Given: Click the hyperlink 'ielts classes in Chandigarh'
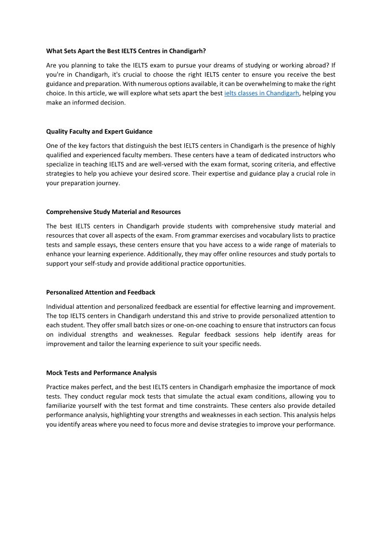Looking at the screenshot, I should click(262, 93).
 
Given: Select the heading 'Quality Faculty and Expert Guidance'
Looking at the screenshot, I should click(99, 131).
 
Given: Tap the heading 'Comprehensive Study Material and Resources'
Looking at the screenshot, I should click(114, 212).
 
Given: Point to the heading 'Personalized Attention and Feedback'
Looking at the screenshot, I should click(101, 292).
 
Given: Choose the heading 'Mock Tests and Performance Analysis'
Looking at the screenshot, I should click(102, 373).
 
